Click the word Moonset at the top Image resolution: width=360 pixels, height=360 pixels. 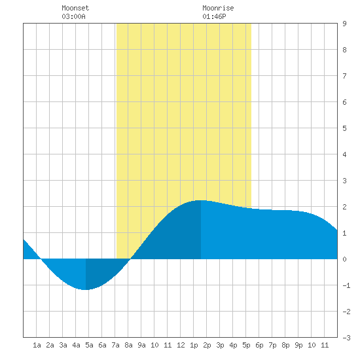[75, 8]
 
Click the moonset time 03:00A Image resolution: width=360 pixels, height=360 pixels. [73, 16]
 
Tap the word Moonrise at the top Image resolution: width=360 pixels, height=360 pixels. [218, 8]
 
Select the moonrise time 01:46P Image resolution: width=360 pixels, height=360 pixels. [214, 16]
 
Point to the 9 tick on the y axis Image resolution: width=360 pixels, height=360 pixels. [344, 24]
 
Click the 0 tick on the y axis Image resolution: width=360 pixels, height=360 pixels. [344, 259]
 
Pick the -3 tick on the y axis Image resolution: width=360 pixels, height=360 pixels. [346, 338]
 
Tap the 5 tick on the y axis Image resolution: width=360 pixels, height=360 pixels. [344, 128]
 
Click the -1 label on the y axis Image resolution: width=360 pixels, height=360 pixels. [346, 285]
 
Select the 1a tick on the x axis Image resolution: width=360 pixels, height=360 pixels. [37, 345]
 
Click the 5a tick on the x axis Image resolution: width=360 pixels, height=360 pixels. [89, 345]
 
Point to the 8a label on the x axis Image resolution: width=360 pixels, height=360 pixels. [128, 345]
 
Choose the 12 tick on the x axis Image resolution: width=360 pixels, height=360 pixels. [181, 345]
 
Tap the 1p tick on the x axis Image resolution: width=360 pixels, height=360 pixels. [194, 345]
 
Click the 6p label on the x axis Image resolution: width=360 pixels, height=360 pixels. [259, 345]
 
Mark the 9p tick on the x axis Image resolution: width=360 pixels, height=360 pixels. [298, 345]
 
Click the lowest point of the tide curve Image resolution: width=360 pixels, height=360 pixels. [85, 290]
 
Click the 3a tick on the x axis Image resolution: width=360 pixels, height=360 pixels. [63, 345]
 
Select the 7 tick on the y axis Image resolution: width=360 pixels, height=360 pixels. [344, 76]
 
